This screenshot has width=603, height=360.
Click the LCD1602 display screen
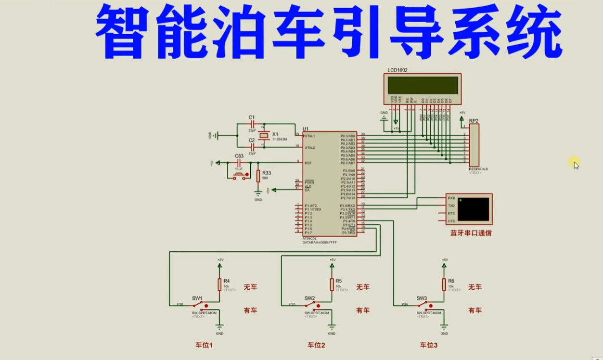[x=423, y=85]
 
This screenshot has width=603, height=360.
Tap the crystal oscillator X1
[x=263, y=136]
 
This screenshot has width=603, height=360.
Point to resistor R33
[x=258, y=176]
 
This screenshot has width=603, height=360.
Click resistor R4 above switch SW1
[x=219, y=284]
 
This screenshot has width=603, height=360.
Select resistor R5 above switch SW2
[x=332, y=284]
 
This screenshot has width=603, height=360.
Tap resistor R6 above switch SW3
[x=444, y=284]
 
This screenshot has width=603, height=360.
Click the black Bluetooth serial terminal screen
[x=473, y=209]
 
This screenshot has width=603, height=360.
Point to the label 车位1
[x=204, y=345]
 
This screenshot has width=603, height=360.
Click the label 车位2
[x=316, y=345]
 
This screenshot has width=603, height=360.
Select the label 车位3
[x=428, y=345]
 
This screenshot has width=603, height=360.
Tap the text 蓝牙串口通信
[x=471, y=233]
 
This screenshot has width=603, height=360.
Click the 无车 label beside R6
[x=475, y=287]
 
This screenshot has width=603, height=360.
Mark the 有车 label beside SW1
[x=250, y=310]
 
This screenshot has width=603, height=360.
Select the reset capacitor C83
[x=239, y=163]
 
